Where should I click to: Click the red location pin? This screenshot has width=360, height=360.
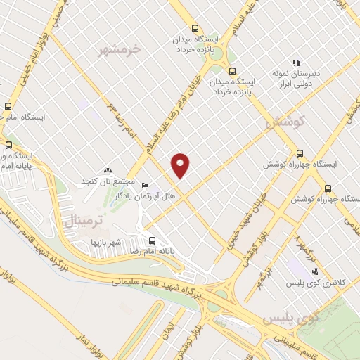pos(181,165)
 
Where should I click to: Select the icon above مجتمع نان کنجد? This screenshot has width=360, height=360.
pos(108,170)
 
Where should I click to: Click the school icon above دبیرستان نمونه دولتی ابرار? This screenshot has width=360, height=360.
pos(297,63)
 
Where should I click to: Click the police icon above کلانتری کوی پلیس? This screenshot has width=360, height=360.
pos(314,271)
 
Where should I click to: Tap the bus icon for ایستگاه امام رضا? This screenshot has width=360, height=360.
pos(8,107)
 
